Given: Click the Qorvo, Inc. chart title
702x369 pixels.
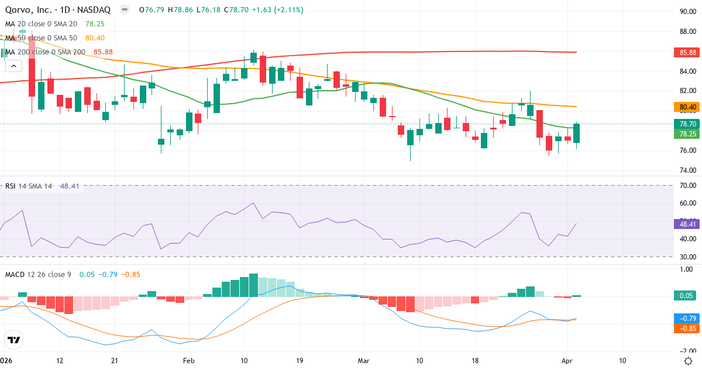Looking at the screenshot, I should point(58,9).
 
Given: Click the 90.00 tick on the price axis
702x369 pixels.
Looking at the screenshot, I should point(687,12).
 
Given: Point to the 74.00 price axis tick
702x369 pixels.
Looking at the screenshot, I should point(687,170).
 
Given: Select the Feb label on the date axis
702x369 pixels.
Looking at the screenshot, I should point(188,361).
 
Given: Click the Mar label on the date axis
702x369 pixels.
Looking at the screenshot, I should point(363,361).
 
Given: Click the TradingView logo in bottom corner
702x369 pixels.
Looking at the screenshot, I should point(13,340).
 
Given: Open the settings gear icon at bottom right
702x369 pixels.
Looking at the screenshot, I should point(688,361).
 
